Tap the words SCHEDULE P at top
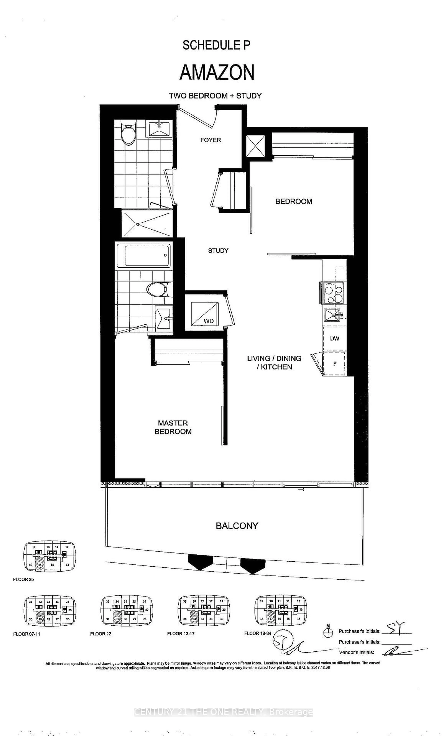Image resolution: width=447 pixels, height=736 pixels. (216, 45)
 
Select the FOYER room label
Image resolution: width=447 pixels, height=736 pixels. (210, 140)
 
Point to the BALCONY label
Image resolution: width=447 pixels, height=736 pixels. (237, 526)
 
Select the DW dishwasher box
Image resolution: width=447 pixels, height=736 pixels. (334, 338)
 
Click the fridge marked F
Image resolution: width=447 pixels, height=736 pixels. (335, 364)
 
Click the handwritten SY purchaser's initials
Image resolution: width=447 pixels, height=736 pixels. (396, 628)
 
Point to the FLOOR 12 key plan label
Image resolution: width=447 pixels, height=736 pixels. (101, 634)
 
